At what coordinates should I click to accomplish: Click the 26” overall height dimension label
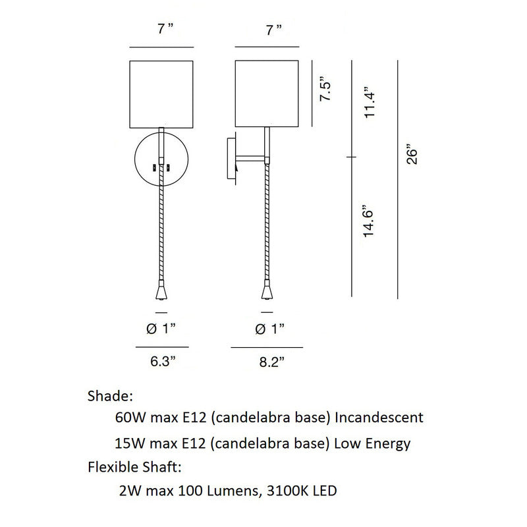pos(412,155)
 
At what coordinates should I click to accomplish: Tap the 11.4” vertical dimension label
pos(369,102)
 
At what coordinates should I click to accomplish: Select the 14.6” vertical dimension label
pos(368,221)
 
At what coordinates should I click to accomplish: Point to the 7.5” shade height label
pos(325,88)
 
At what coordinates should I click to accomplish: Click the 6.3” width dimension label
pos(163,361)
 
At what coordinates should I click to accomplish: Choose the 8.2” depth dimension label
pos(272,362)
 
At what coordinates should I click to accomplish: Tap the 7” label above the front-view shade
pos(165,29)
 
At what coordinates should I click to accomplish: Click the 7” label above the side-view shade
pos(274,30)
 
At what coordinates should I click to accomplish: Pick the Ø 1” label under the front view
pos(161,328)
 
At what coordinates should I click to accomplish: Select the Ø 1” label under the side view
pos(270,329)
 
